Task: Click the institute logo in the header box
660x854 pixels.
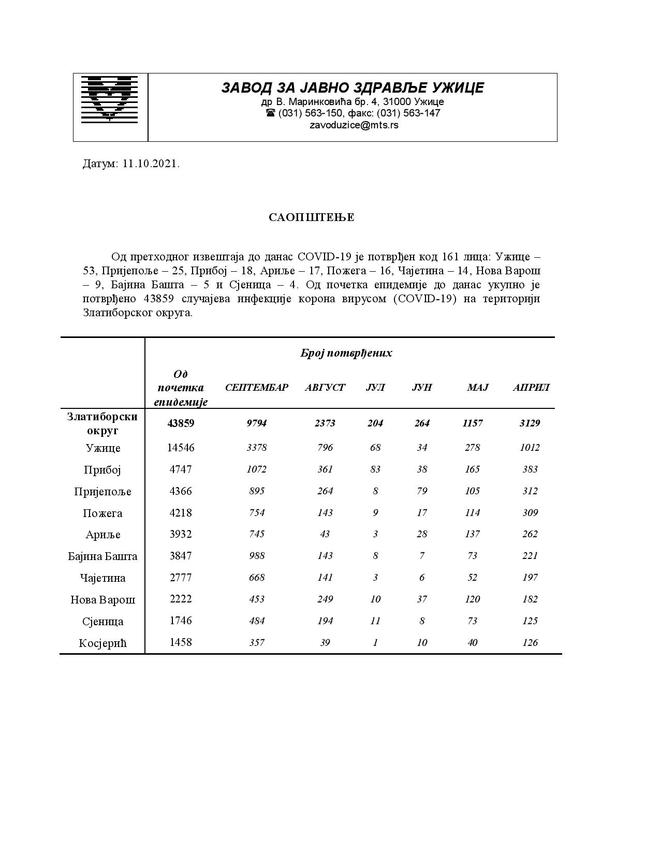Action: click(x=110, y=99)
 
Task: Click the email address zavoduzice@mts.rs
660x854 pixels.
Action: click(x=354, y=125)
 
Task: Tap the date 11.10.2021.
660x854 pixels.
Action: click(x=151, y=164)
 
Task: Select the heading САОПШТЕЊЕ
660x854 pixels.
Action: click(x=312, y=217)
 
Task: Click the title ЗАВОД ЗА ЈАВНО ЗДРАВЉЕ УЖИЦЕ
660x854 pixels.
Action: click(x=353, y=87)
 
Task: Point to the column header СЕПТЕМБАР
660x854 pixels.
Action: click(x=256, y=388)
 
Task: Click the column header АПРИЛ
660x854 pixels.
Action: click(x=531, y=388)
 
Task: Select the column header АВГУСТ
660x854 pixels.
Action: click(x=325, y=388)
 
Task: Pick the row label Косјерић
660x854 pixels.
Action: click(x=102, y=643)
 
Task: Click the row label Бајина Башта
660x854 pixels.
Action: click(x=102, y=556)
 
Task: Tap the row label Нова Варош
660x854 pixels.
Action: click(x=102, y=600)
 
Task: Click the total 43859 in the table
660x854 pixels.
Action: click(x=181, y=423)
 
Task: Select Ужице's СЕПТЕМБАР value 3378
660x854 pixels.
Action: click(x=256, y=448)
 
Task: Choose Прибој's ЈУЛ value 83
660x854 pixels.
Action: click(x=375, y=469)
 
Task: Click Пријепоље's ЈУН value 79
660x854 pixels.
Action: click(x=422, y=491)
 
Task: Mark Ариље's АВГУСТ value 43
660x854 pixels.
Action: click(x=325, y=534)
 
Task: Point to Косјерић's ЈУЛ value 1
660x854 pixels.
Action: click(x=375, y=643)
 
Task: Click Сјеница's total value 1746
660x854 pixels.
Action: click(x=181, y=621)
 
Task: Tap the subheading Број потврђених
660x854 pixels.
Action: click(x=346, y=354)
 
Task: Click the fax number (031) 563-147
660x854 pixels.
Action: click(x=408, y=113)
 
